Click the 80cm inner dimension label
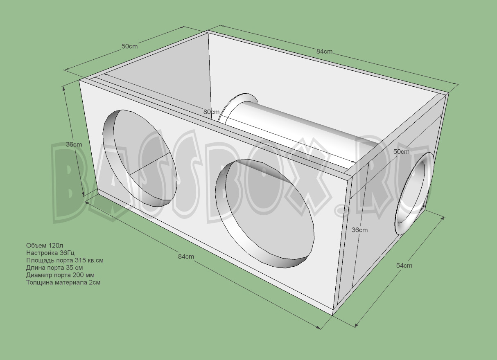(x=211, y=112)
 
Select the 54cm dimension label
(x=404, y=265)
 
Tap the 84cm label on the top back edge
(x=324, y=52)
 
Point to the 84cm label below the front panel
(x=186, y=256)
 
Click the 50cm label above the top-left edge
(x=129, y=46)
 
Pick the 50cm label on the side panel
(x=401, y=151)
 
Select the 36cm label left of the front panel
(x=74, y=144)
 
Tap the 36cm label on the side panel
(x=359, y=230)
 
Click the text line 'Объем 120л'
(x=45, y=245)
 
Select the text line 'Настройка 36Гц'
(x=50, y=253)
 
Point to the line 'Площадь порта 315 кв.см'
(x=65, y=260)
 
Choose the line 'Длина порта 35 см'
(x=54, y=268)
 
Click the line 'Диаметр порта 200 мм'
(x=60, y=275)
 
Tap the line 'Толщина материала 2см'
(x=63, y=282)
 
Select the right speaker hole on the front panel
(x=265, y=213)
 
